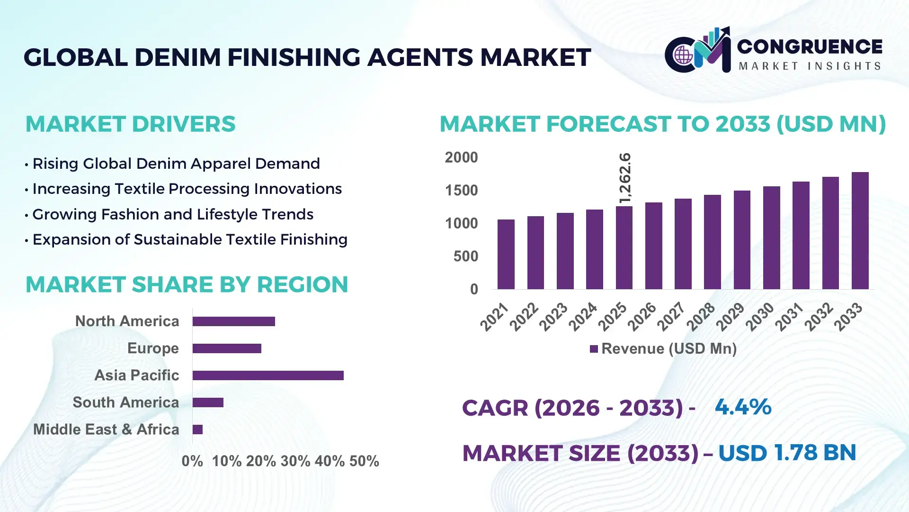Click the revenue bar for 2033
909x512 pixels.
click(860, 231)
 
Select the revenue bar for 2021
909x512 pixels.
click(506, 255)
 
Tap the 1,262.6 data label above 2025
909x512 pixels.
click(625, 178)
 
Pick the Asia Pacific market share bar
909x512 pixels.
click(268, 375)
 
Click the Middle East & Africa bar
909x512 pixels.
click(197, 430)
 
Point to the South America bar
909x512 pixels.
click(208, 402)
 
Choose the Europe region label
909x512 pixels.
click(153, 348)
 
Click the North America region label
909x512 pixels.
click(127, 321)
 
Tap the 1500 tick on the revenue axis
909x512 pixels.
click(461, 191)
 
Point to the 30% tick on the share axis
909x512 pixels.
click(295, 461)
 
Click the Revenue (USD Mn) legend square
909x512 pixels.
click(594, 349)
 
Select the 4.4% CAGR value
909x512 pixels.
click(743, 407)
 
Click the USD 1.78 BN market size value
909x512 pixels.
click(787, 453)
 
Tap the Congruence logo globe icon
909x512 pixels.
click(683, 55)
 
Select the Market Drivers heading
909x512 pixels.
click(130, 124)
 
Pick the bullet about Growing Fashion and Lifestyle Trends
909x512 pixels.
click(173, 214)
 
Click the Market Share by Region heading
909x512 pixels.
click(187, 285)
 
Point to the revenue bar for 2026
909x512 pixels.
click(653, 246)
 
